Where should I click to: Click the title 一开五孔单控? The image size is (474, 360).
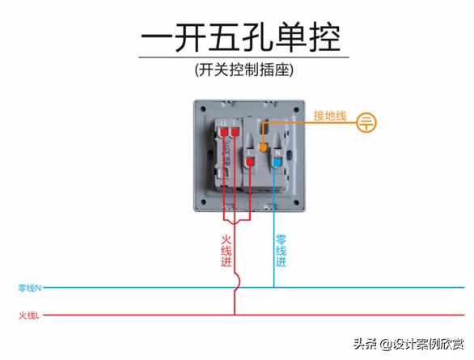click(241, 36)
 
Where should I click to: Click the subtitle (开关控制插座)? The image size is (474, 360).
click(242, 70)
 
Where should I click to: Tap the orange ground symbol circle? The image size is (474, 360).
click(367, 123)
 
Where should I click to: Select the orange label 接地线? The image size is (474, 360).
click(330, 116)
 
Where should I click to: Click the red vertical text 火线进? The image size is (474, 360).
click(226, 251)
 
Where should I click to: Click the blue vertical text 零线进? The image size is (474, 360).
click(281, 251)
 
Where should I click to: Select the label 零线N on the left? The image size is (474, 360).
click(30, 287)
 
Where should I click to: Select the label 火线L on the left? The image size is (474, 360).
click(29, 316)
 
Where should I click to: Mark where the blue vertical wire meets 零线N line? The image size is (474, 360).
click(273, 287)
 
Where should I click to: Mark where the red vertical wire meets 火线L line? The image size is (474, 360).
click(235, 316)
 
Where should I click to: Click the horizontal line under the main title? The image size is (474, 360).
click(243, 57)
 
